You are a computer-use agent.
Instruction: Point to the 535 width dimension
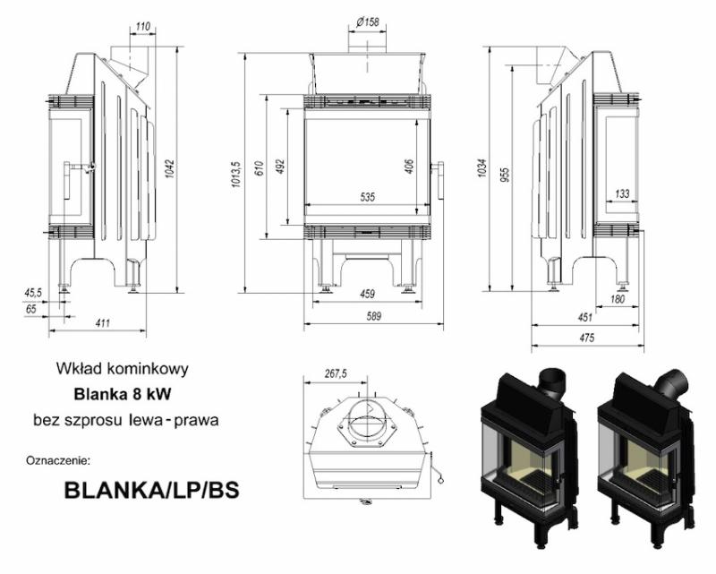point(366,196)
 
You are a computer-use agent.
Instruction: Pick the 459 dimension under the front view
point(366,295)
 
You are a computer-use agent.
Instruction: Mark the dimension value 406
point(409,166)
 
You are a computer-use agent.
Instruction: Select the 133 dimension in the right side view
point(622,193)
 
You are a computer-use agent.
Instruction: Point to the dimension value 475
point(585,337)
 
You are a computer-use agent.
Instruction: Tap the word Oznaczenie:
point(59,461)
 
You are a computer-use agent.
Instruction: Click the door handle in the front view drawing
point(439,180)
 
